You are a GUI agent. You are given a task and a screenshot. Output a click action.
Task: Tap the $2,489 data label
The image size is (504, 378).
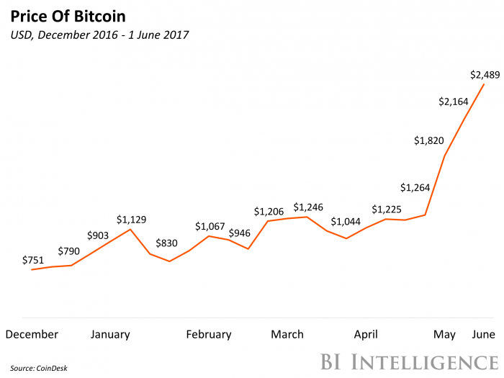click(x=484, y=74)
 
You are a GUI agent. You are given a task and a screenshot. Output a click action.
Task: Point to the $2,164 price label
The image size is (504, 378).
click(x=454, y=102)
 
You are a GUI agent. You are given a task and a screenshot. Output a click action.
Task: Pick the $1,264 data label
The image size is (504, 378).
click(x=415, y=188)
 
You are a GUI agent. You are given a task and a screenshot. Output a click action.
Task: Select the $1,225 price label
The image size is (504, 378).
click(x=387, y=210)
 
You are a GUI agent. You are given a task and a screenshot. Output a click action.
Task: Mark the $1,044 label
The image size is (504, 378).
click(x=346, y=222)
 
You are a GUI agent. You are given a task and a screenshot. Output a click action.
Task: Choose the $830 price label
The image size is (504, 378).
click(x=169, y=244)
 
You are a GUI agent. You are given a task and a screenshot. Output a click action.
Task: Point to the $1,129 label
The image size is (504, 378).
click(x=132, y=220)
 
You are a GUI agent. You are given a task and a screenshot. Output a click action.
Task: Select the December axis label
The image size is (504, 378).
click(x=32, y=334)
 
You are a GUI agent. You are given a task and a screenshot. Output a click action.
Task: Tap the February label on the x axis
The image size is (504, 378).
click(x=209, y=334)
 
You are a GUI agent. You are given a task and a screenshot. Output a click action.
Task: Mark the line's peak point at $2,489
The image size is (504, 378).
click(x=484, y=84)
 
